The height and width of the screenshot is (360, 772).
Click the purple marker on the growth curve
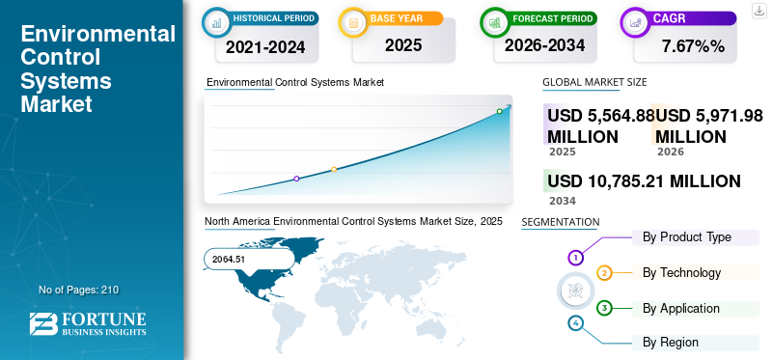296,179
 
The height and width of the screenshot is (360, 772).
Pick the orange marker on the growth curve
334,169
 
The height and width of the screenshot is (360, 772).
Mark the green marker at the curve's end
500,111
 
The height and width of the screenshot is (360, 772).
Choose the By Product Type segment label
686,236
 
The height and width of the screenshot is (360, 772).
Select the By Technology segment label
681,272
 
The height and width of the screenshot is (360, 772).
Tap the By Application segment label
681,308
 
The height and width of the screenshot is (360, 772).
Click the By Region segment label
671,342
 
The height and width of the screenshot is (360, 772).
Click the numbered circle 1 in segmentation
576,258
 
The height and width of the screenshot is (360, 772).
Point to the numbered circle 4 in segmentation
576,322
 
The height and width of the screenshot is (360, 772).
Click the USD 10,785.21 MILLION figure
644,180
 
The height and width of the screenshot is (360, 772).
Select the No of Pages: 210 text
78,290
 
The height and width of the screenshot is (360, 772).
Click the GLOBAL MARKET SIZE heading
594,83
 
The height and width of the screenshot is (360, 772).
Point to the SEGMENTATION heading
560,222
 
